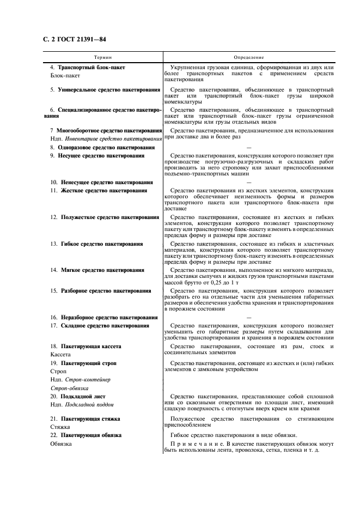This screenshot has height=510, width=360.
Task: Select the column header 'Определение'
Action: pos(248,57)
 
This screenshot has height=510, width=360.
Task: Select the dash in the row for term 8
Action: pos(248,148)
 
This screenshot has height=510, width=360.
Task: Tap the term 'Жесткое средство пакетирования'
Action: pos(103,191)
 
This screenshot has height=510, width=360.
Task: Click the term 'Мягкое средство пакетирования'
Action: pos(102,270)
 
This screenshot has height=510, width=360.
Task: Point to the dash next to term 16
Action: pos(248,317)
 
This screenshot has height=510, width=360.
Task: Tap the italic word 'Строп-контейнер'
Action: pos(89,379)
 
